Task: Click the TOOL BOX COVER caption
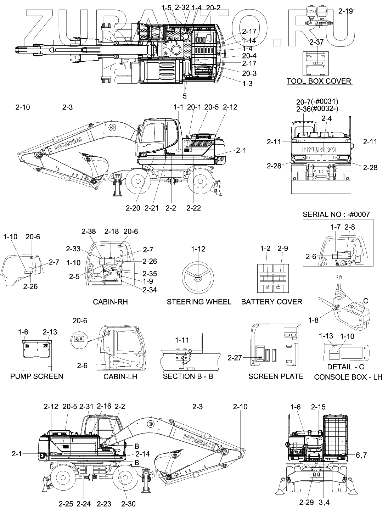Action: (x=319, y=81)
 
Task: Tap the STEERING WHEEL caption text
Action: (x=199, y=302)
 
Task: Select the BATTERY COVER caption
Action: (x=271, y=302)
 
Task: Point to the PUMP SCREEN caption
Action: (x=36, y=376)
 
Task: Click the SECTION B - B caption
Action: (x=188, y=376)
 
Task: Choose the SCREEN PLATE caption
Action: (x=276, y=376)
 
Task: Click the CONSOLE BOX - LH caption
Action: (x=348, y=377)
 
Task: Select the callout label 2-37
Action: (x=316, y=42)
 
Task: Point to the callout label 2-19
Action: (x=345, y=11)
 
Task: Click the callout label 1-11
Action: (x=182, y=340)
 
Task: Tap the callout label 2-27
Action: (x=235, y=358)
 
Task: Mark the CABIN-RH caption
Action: (x=110, y=302)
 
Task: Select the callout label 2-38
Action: (x=88, y=231)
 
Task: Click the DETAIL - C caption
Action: (x=345, y=367)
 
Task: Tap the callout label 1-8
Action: (x=313, y=320)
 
